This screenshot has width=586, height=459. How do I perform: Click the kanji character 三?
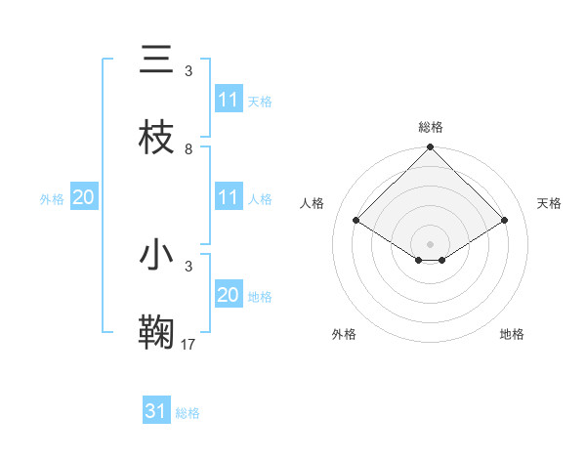[x=156, y=61]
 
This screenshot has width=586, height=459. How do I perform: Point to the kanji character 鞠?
[x=156, y=332]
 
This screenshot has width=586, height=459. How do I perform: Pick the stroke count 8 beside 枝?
[x=188, y=149]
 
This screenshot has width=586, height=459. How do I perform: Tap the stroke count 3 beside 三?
[x=188, y=71]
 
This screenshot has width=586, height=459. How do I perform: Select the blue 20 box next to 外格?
[x=83, y=197]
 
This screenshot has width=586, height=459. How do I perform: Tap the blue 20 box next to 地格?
[x=229, y=295]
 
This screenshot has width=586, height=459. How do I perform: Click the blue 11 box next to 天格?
[x=229, y=101]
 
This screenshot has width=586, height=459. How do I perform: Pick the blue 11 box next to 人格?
[x=229, y=197]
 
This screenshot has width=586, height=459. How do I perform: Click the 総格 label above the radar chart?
[x=430, y=127]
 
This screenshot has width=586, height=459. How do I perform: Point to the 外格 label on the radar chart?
[x=344, y=334]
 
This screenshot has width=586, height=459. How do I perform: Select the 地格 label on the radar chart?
[x=512, y=334]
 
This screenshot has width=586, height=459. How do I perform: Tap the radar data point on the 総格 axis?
[x=430, y=147]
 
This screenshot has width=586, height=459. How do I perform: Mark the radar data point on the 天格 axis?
[x=505, y=221]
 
